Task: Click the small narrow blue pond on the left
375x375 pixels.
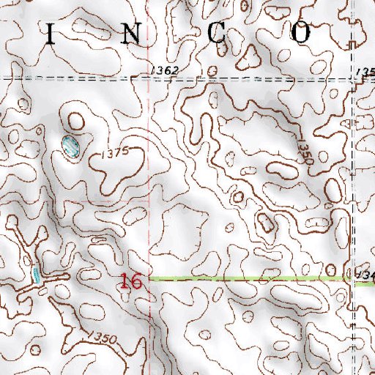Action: (x=35, y=275)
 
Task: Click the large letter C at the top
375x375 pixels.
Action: (x=218, y=32)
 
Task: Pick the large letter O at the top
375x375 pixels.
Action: (x=301, y=32)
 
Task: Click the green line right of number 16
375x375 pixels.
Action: (x=249, y=278)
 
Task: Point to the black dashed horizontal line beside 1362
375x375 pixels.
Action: (x=73, y=77)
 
